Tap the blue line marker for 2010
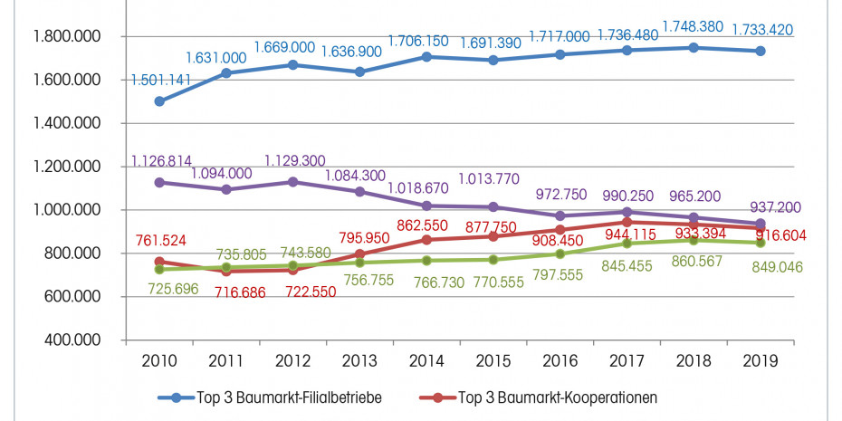(x=160, y=101)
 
